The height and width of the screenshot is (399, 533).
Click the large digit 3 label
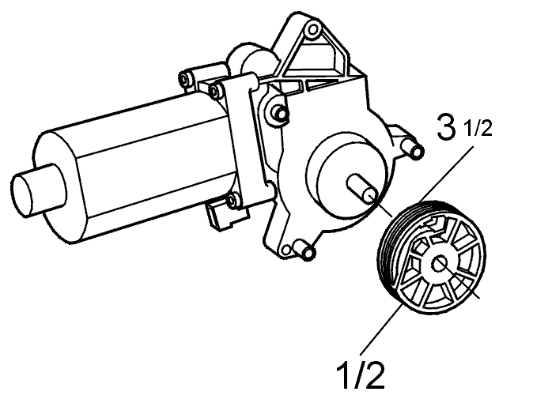pyautogui.click(x=446, y=127)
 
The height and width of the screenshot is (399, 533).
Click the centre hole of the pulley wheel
pyautogui.click(x=440, y=264)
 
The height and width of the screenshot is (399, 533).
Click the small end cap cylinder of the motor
pyautogui.click(x=37, y=190)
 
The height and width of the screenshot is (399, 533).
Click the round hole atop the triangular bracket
pyautogui.click(x=312, y=30)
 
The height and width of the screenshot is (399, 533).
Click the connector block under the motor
pyautogui.click(x=227, y=216)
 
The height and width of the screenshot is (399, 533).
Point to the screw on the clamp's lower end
pyautogui.click(x=234, y=200)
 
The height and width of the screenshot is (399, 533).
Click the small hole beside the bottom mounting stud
pyautogui.click(x=286, y=250)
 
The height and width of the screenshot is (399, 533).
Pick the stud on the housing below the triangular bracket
pyautogui.click(x=279, y=112)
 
